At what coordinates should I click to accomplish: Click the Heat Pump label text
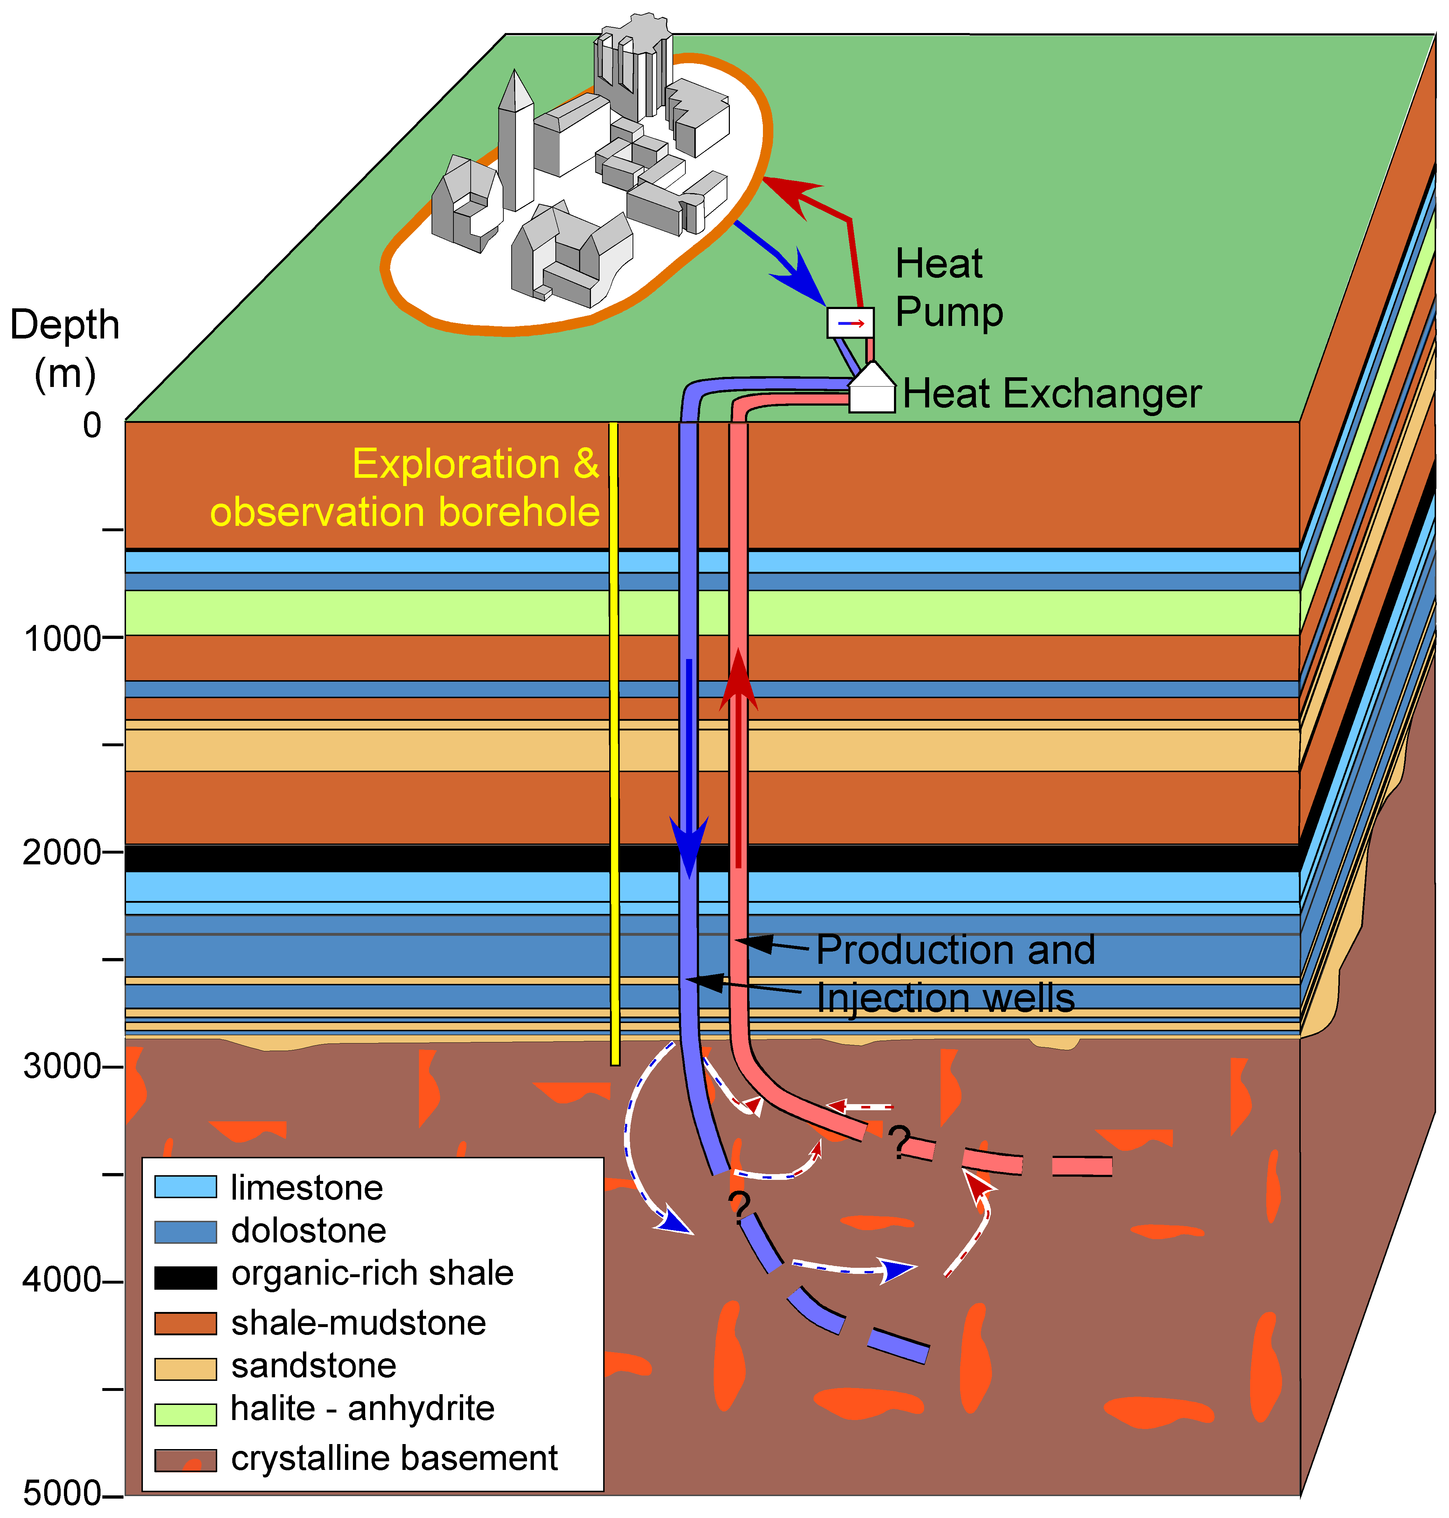(949, 288)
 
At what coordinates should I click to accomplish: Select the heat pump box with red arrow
(851, 323)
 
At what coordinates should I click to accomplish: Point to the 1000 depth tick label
(62, 639)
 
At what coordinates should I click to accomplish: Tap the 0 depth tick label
(92, 425)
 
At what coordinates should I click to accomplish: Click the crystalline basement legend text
(394, 1458)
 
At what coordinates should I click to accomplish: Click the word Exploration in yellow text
(456, 464)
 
